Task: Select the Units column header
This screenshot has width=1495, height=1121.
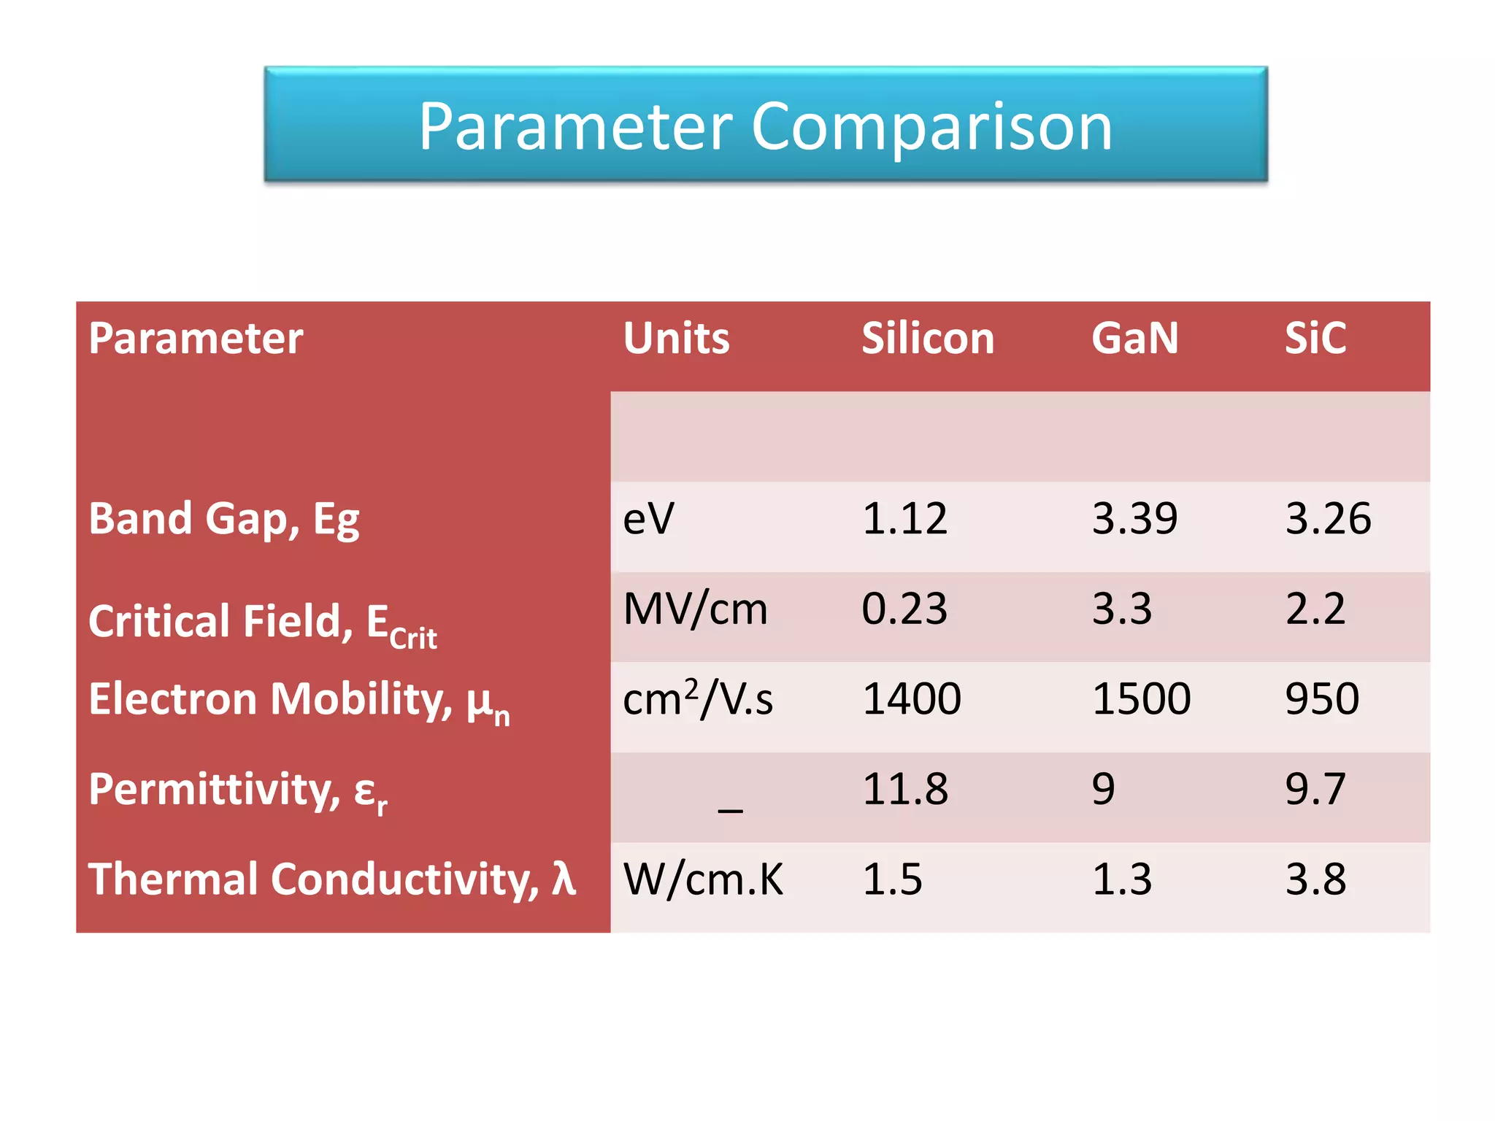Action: point(676,339)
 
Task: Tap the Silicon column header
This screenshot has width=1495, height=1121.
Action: point(927,339)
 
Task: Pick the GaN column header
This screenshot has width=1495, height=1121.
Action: point(1134,339)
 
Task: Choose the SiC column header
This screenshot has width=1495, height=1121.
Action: point(1315,339)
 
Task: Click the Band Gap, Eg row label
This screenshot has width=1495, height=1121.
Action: point(223,520)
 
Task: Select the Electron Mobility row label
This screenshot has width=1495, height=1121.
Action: point(298,701)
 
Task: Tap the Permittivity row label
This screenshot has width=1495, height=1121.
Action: point(237,791)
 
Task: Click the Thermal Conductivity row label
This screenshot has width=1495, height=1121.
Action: point(331,879)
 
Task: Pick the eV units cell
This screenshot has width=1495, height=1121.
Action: point(648,520)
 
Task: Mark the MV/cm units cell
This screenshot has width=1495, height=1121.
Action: point(695,609)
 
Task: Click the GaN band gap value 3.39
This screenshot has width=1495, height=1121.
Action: point(1134,520)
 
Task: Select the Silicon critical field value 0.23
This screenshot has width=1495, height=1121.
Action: point(904,609)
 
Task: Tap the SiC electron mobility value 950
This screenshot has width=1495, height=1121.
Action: point(1321,699)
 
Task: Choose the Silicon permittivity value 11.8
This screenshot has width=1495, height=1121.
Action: point(904,790)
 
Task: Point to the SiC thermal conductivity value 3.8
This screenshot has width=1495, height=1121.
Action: point(1315,879)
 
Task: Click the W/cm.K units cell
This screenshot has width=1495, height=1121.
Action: point(702,879)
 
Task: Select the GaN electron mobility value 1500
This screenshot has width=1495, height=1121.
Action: point(1141,699)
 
